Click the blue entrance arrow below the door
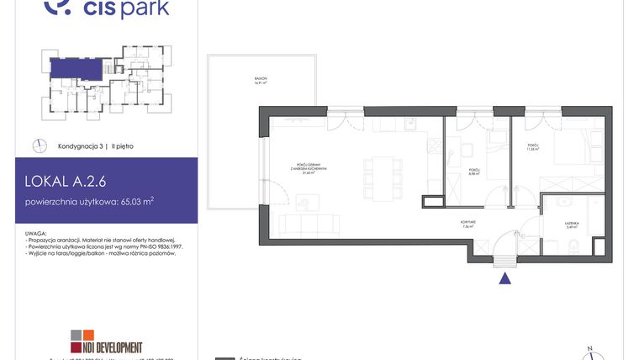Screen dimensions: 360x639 click(x=504, y=279)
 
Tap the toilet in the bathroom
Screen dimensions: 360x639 click(x=572, y=246)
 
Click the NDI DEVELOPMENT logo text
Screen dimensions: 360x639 click(x=108, y=347)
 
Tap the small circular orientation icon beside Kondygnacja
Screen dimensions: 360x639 click(x=39, y=146)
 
